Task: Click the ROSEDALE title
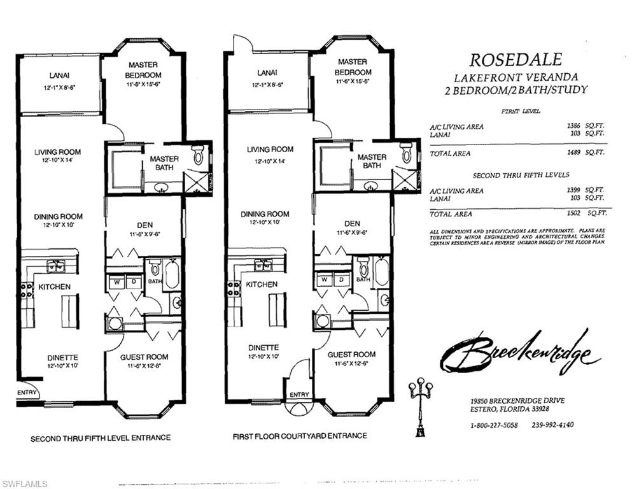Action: point(516,60)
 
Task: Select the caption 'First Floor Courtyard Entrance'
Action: point(300,436)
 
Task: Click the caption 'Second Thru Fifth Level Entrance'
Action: point(101,438)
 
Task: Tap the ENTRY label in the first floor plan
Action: point(299,395)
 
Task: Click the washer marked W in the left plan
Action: point(116,281)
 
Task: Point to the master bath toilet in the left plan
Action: point(198,155)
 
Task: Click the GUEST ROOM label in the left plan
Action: point(144,357)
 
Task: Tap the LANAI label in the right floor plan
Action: point(267,73)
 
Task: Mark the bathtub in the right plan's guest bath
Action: point(381,272)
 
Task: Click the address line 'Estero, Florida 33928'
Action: point(506,409)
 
